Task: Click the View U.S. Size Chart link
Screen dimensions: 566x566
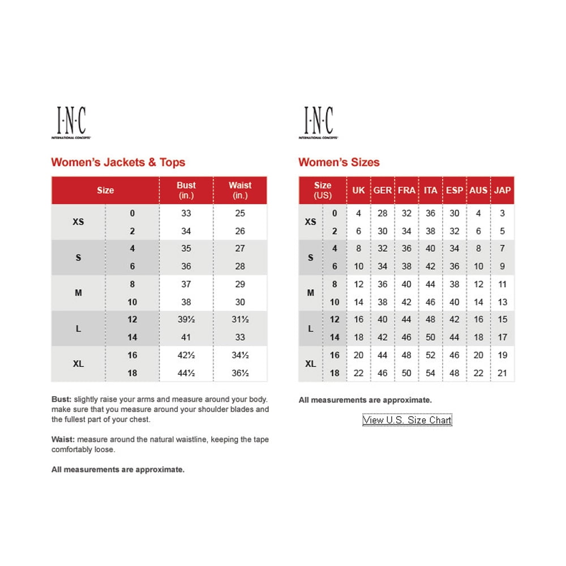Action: click(407, 420)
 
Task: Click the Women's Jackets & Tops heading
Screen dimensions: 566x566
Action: click(118, 162)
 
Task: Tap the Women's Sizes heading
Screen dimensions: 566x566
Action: click(339, 162)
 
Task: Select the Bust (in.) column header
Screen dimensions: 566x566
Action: click(186, 190)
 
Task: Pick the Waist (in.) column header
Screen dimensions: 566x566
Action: click(240, 190)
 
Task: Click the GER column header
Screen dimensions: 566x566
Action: click(383, 190)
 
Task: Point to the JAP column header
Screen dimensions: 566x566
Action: click(502, 190)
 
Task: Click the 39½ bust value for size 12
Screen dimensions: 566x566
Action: click(186, 319)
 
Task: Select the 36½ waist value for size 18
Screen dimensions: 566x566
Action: click(240, 373)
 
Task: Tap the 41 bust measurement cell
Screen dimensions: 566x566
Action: click(186, 337)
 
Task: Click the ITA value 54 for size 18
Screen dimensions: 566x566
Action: click(431, 373)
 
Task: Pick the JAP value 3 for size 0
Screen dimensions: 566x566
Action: click(503, 213)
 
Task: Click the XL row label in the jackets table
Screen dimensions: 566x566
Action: click(79, 364)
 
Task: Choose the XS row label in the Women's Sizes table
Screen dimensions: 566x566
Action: click(311, 222)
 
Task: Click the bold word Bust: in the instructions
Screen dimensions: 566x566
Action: click(61, 400)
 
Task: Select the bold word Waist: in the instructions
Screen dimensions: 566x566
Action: click(63, 439)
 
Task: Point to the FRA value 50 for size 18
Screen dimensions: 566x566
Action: click(406, 373)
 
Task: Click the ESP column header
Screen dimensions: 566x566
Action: click(454, 190)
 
